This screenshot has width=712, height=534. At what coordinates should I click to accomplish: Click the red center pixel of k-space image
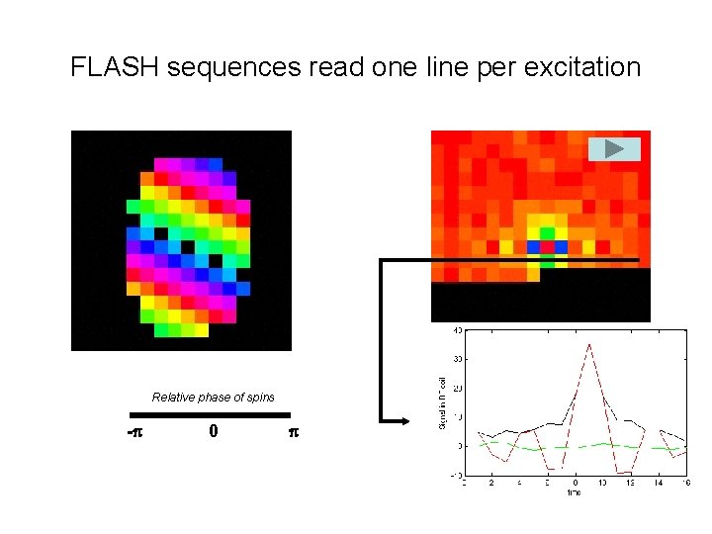547,246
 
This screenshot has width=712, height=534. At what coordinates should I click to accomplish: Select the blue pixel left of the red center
533,246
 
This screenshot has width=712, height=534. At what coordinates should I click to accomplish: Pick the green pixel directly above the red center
547,233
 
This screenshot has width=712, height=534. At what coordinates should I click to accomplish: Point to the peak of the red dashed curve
590,344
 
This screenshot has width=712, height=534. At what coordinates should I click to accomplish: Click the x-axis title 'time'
575,491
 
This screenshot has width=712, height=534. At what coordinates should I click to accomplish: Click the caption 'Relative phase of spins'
213,398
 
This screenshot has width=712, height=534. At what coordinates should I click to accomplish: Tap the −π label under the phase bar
135,432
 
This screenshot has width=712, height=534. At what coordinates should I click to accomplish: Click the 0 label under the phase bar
214,432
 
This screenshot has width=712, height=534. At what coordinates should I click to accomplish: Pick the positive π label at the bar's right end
293,432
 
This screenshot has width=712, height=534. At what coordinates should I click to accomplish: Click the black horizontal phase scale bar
211,413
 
